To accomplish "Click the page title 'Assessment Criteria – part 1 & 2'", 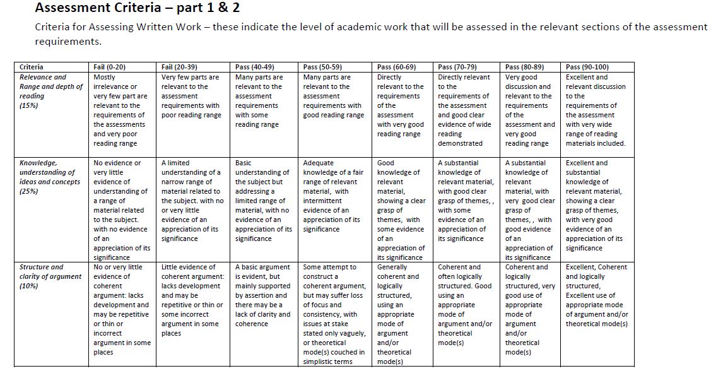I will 137,8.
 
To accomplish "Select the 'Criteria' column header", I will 32,67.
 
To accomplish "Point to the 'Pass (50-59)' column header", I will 322,67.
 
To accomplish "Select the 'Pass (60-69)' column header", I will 396,67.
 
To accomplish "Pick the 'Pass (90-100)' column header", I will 588,67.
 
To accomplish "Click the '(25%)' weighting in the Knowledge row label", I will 29,191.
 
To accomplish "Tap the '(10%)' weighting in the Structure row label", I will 29,286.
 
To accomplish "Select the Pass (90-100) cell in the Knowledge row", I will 595,205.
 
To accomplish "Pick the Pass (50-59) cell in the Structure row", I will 334,314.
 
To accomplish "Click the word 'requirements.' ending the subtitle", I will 68,42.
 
